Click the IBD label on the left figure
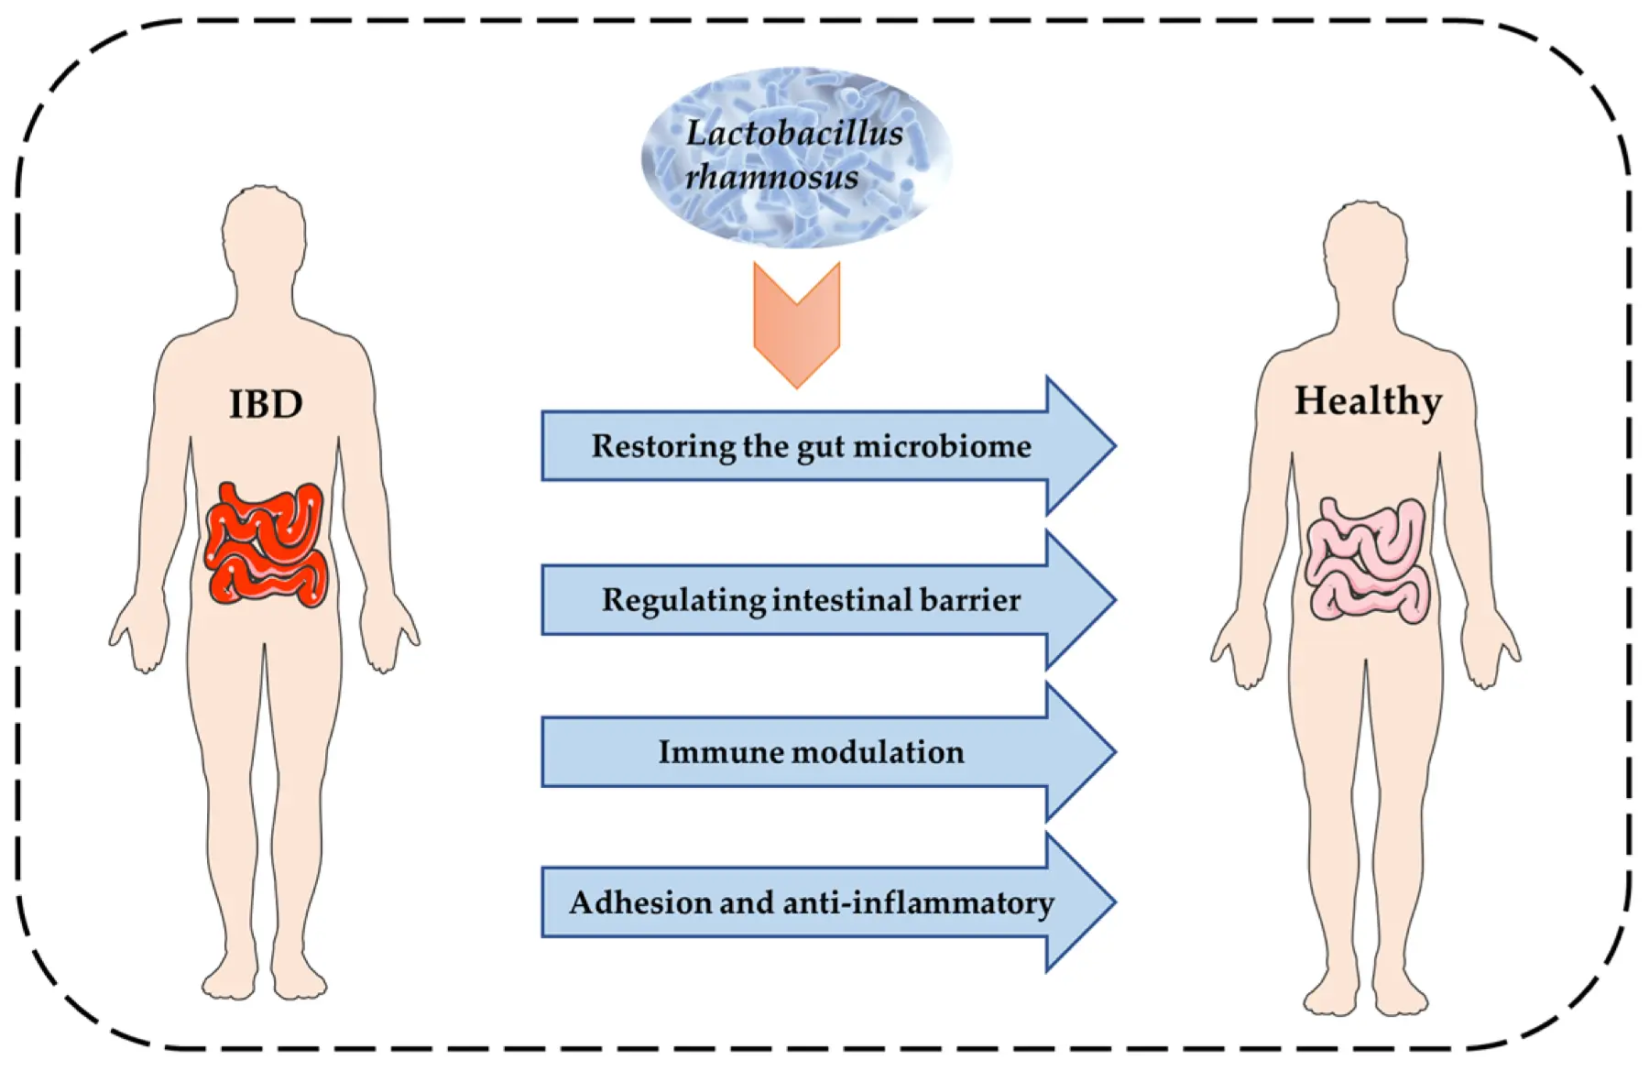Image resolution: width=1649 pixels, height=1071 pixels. click(x=266, y=404)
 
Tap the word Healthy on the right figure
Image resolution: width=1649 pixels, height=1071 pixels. click(x=1367, y=401)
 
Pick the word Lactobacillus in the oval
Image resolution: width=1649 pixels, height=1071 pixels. click(x=794, y=134)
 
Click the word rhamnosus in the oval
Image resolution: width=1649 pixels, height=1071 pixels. click(x=771, y=177)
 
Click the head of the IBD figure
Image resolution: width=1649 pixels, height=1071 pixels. click(x=264, y=229)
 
